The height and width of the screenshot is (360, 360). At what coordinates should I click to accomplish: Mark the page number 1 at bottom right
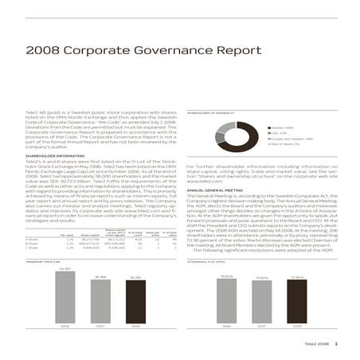[x=336, y=342]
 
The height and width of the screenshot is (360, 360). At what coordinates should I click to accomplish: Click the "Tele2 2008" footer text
[x=316, y=342]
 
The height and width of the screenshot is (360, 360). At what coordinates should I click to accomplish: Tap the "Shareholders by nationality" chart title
[x=212, y=113]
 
